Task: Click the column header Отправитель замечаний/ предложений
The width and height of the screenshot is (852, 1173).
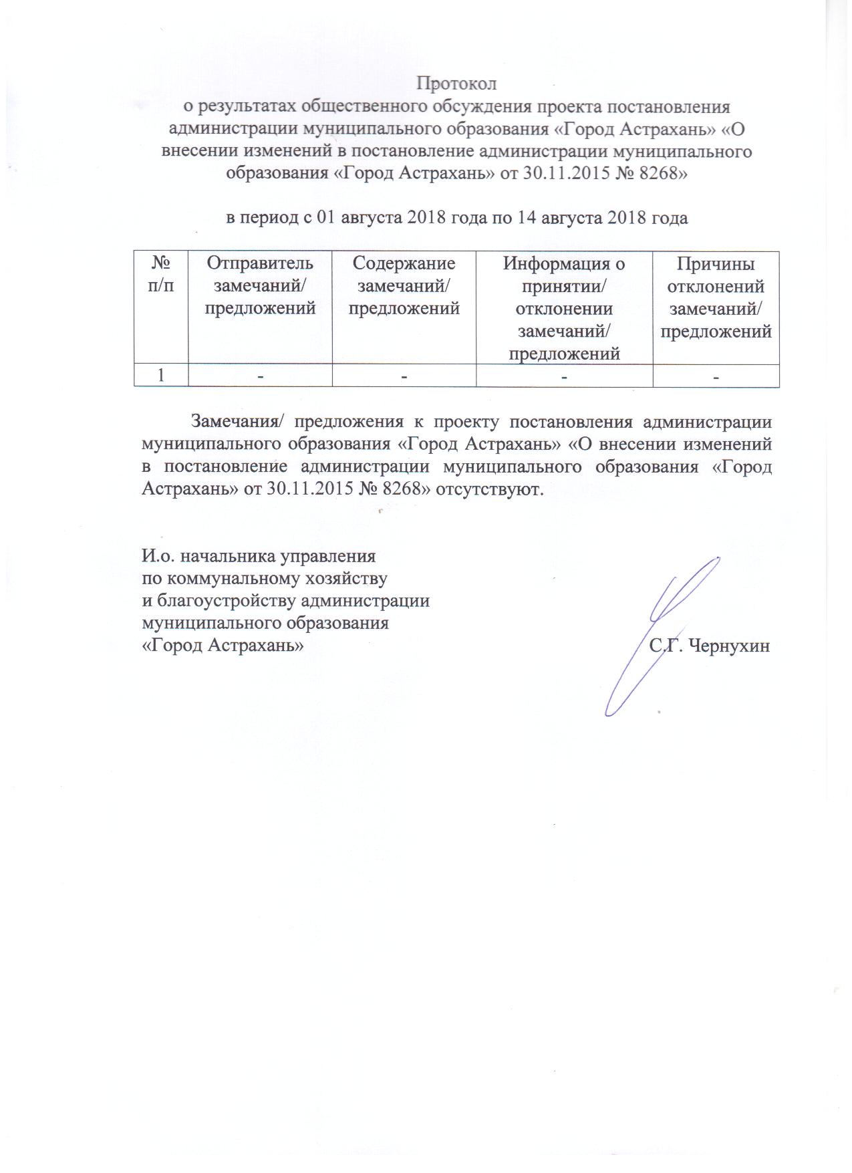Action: tap(259, 286)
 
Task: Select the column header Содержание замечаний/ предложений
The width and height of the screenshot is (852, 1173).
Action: tap(404, 286)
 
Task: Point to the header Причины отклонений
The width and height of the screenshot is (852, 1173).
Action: tap(716, 275)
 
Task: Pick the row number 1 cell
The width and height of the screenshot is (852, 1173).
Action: tap(161, 376)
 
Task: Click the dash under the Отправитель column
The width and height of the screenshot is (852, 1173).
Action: tap(260, 377)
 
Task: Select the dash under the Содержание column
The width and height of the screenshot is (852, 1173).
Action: tap(404, 377)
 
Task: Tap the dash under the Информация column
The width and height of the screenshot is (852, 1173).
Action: tap(565, 377)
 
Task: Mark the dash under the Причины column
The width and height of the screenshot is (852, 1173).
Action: tap(716, 377)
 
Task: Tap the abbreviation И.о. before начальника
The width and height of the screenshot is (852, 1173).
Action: tap(156, 555)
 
